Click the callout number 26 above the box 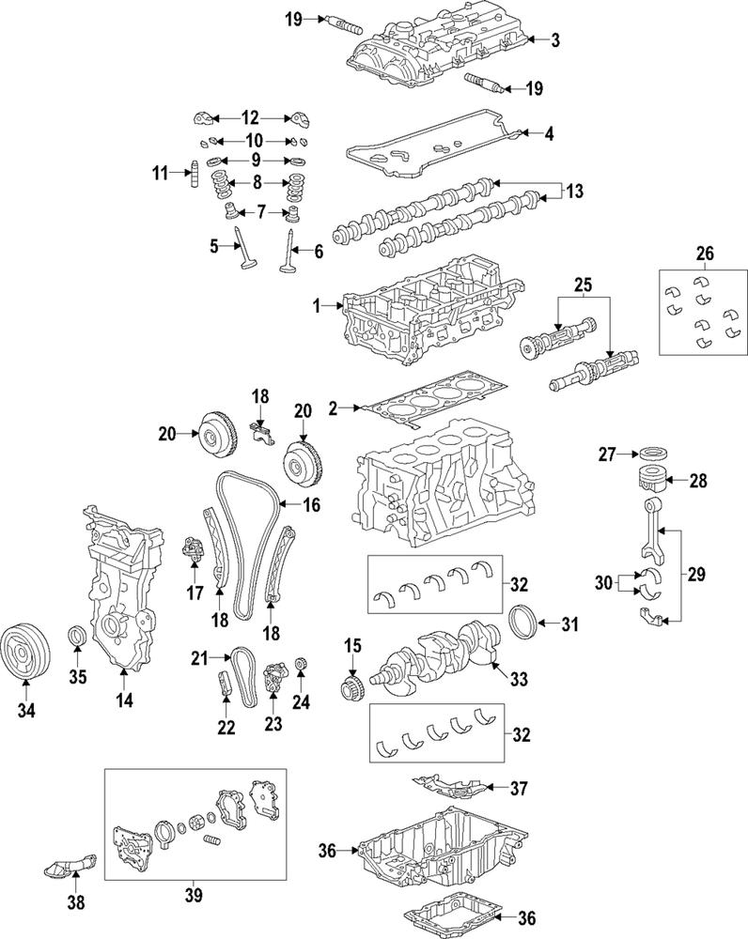click(x=705, y=254)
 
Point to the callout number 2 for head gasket click(x=333, y=408)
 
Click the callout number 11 click(x=161, y=173)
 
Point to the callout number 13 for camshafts click(x=574, y=192)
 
